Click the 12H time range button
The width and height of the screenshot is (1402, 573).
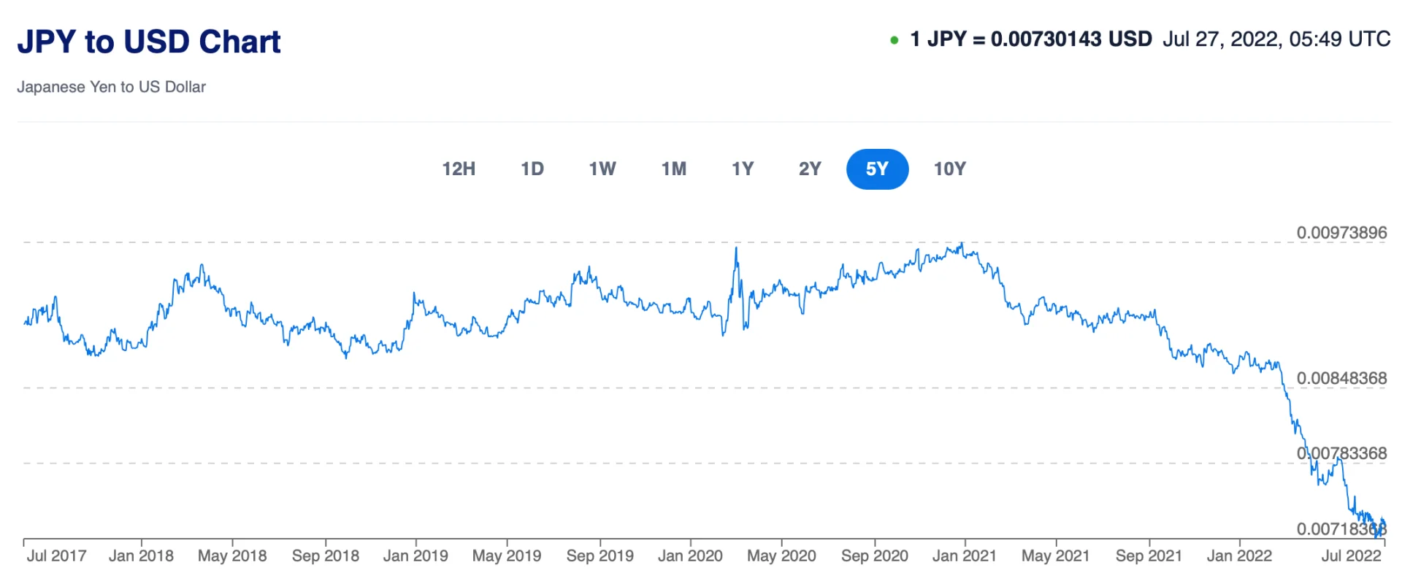coord(459,169)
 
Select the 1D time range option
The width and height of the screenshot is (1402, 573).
coord(532,169)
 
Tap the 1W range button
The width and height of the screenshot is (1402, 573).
coord(602,169)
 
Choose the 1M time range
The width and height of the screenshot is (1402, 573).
coord(674,169)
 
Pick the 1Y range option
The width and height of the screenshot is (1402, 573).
coord(743,169)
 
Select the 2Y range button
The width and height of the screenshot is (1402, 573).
coord(810,169)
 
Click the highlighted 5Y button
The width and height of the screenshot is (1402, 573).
coord(877,169)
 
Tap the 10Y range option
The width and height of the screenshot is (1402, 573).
coord(949,169)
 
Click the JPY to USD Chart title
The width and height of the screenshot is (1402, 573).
coord(149,42)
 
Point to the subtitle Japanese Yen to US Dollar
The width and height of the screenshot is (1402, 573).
coord(111,87)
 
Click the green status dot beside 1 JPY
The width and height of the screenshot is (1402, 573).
coord(894,40)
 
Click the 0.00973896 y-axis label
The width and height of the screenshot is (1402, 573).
coord(1341,233)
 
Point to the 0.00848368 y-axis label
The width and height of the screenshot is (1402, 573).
coord(1341,378)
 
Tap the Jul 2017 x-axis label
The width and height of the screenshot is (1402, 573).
coord(56,555)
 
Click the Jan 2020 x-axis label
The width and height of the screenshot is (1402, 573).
coord(690,555)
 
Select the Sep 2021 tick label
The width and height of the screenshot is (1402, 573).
coord(1149,555)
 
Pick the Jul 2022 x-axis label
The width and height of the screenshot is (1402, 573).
coord(1351,555)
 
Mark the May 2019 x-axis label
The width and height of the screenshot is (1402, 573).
coord(507,555)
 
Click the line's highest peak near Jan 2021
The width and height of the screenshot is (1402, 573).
coord(962,244)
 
